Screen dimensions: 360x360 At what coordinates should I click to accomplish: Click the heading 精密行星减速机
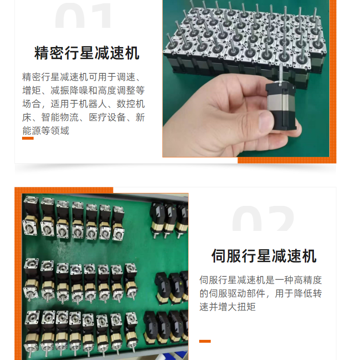(87, 53)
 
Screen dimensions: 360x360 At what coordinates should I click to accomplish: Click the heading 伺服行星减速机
(264, 256)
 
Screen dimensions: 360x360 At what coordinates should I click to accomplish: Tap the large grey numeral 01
(83, 15)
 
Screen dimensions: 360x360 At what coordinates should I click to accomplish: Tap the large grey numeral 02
(263, 218)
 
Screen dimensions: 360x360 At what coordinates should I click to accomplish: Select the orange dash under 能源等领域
(28, 138)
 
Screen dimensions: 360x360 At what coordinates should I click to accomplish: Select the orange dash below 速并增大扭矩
(205, 341)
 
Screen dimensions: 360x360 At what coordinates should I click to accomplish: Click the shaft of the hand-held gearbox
(281, 73)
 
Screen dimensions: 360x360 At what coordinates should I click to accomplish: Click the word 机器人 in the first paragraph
(93, 104)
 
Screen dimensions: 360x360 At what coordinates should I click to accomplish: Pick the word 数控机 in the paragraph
(131, 104)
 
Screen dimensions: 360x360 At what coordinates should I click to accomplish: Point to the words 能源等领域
(46, 131)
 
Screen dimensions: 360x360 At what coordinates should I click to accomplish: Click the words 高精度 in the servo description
(308, 280)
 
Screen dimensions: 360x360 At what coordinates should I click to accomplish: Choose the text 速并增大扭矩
(228, 307)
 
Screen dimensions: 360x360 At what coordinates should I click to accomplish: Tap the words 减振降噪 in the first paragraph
(69, 90)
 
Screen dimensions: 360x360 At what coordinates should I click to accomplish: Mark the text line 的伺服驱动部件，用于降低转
(261, 293)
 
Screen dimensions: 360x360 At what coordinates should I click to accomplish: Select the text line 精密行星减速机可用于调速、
(82, 77)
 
